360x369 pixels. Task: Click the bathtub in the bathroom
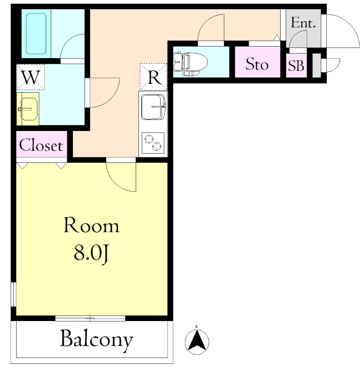[x=36, y=34]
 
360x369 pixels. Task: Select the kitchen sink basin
[x=153, y=107]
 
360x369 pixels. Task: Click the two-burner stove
[x=153, y=143]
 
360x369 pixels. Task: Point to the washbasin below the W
[x=29, y=109]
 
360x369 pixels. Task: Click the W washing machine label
[x=30, y=77]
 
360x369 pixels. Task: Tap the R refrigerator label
[x=155, y=77]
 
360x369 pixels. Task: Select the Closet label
[x=41, y=145]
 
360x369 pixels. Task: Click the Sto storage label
[x=257, y=64]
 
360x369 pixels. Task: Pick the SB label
[x=296, y=65]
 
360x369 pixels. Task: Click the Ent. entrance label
[x=303, y=23]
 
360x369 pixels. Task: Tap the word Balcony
[x=96, y=340]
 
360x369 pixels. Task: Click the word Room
[x=91, y=226]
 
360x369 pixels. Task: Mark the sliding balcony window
[x=90, y=318]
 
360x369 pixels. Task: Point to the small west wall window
[x=13, y=294]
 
